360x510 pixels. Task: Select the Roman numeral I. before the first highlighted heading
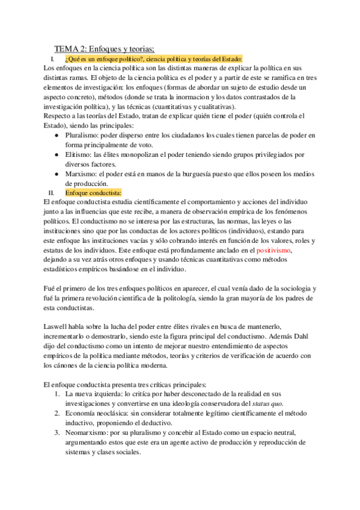pos(52,59)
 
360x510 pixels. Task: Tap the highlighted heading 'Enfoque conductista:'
pos(93,193)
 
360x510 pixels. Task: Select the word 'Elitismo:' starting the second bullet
pos(78,155)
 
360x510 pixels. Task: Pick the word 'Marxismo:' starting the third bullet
pos(80,174)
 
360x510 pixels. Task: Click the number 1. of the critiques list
pos(57,394)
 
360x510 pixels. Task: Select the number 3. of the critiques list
pos(57,432)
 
